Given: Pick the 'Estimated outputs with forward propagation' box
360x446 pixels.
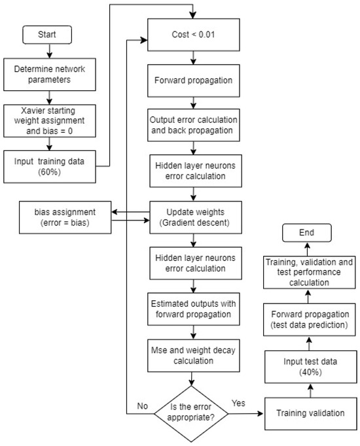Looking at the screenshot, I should (192, 307).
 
